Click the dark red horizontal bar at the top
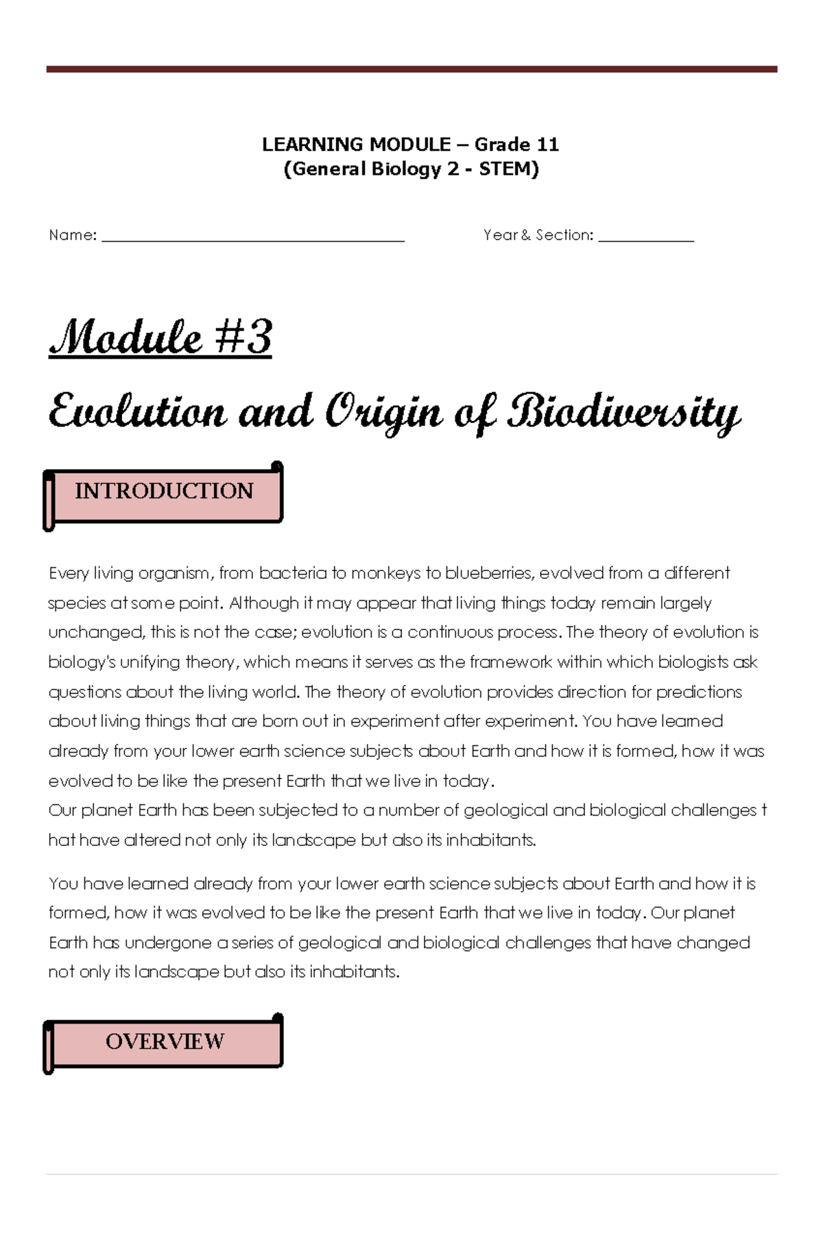[x=411, y=69]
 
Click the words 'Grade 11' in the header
[x=516, y=145]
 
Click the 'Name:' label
[x=73, y=235]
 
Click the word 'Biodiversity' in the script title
[x=623, y=413]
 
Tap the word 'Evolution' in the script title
[x=137, y=413]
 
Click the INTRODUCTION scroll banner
[x=164, y=492]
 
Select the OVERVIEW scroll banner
[x=164, y=1041]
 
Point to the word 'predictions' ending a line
[x=699, y=692]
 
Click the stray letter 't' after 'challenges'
[x=764, y=810]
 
